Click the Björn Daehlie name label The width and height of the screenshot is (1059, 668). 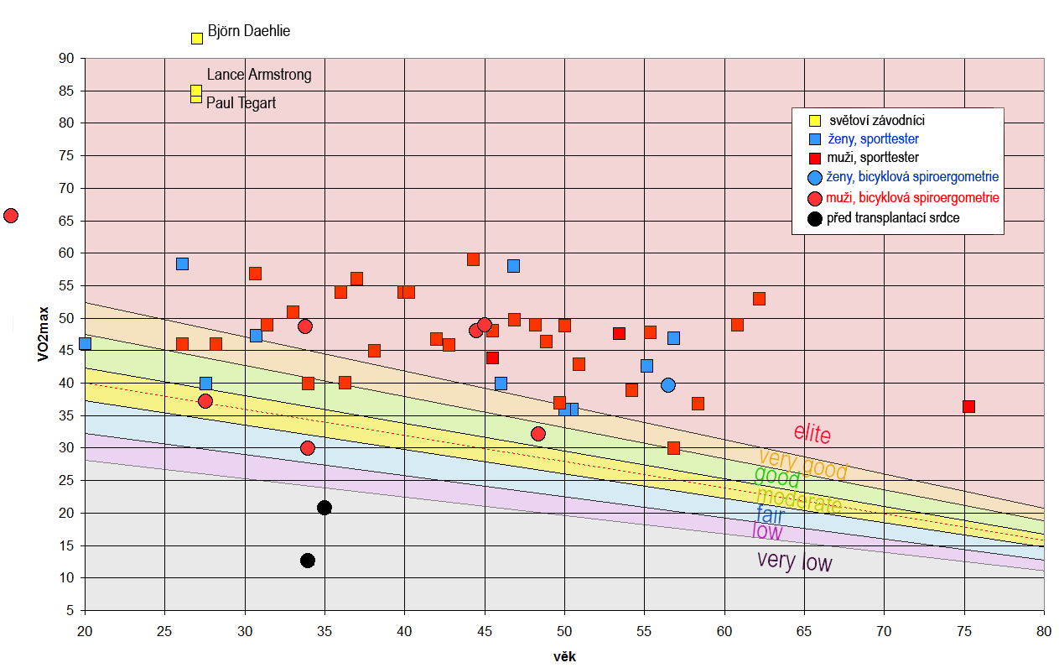248,32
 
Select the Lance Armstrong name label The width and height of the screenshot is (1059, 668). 258,75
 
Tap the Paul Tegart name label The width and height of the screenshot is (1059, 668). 241,103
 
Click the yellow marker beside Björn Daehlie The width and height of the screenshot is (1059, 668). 197,39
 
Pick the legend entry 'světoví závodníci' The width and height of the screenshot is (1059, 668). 875,120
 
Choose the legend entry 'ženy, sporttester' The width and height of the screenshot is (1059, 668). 878,138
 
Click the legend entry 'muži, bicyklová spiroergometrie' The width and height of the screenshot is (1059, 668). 912,198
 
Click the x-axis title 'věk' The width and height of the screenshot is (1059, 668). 565,657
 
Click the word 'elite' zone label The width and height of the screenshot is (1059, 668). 812,433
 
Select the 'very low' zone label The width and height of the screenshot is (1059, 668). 794,561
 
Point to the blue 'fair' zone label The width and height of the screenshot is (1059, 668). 770,514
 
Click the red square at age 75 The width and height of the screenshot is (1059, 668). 968,407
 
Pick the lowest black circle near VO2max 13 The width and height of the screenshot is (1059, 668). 308,561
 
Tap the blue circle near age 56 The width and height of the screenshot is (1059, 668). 668,385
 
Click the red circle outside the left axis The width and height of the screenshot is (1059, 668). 11,216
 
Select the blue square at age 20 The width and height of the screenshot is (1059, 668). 85,344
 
